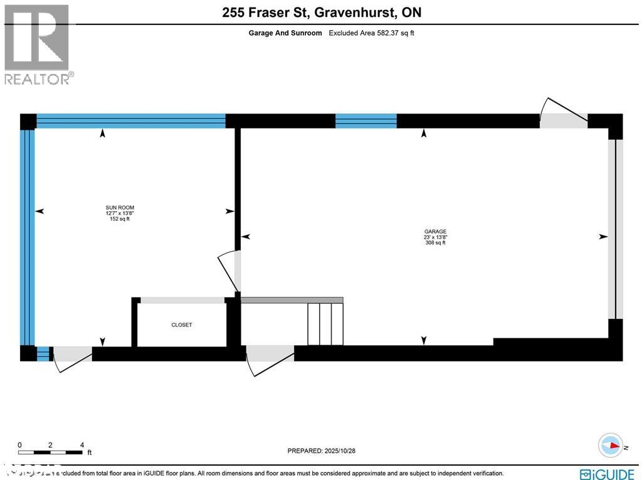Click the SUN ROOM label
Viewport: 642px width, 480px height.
click(x=119, y=207)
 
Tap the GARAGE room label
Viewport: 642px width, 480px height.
click(x=435, y=231)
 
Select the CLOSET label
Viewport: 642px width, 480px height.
click(x=182, y=325)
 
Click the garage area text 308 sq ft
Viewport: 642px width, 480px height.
click(x=435, y=243)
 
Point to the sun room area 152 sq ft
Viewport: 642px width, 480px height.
click(x=119, y=219)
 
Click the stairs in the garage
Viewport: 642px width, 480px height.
click(x=325, y=323)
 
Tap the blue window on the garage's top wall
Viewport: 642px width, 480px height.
click(x=366, y=120)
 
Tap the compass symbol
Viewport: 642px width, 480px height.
click(x=611, y=445)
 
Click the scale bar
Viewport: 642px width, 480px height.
click(x=50, y=451)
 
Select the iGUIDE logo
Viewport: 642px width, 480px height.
click(x=607, y=473)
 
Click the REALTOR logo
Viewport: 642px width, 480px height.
click(x=38, y=44)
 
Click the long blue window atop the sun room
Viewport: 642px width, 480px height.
click(x=131, y=120)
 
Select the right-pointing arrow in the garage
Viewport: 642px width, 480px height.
click(x=603, y=236)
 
